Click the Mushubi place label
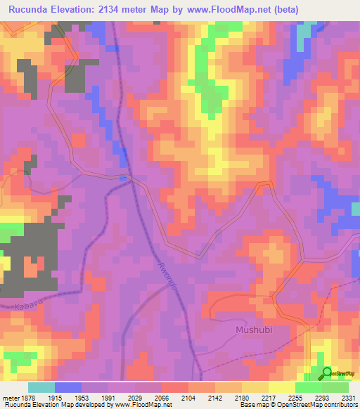pyautogui.click(x=252, y=328)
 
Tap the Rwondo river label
pyautogui.click(x=160, y=275)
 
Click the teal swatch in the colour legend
pyautogui.click(x=41, y=387)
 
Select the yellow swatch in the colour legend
pyautogui.click(x=281, y=387)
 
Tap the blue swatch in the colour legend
pyautogui.click(x=68, y=387)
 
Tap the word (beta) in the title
pyautogui.click(x=288, y=10)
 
